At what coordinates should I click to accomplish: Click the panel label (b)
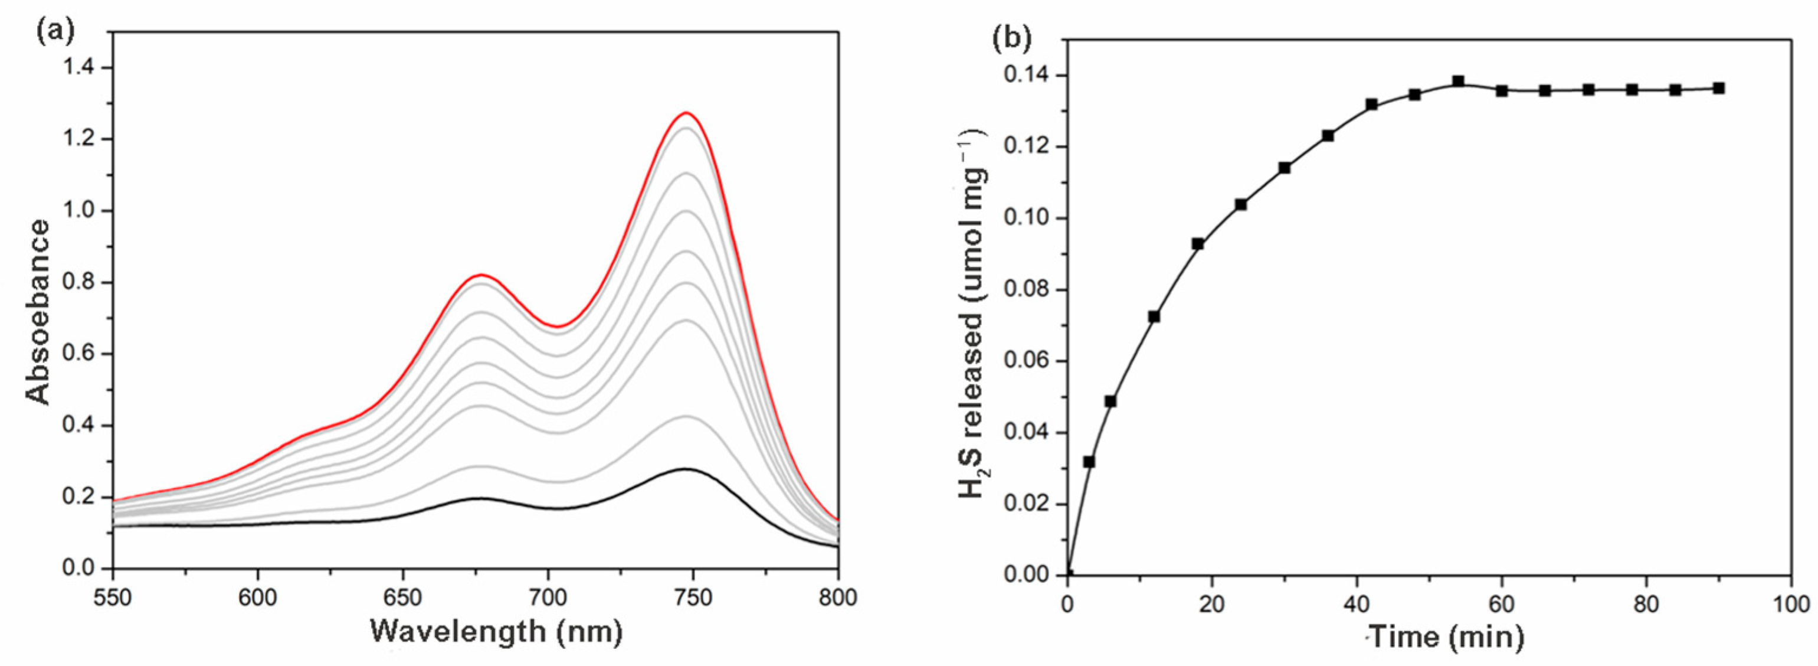(1011, 37)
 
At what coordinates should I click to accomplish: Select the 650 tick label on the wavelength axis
(402, 598)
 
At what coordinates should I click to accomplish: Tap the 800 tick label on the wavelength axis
(838, 598)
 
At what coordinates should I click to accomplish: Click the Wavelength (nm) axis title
(496, 631)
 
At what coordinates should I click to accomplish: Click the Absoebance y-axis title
(39, 311)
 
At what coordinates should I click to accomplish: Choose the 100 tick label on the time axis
(1791, 605)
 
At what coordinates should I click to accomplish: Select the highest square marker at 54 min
(1458, 82)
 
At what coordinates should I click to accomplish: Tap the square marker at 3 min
(1089, 462)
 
